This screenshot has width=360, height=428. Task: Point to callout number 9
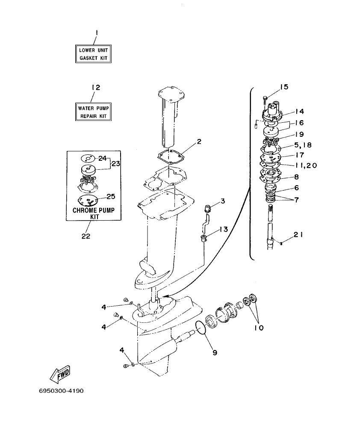(215, 353)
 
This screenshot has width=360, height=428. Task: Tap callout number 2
(199, 141)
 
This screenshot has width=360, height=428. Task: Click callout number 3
(223, 201)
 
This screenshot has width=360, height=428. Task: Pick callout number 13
(224, 229)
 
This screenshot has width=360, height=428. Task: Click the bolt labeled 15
(265, 100)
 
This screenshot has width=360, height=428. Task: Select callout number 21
(298, 234)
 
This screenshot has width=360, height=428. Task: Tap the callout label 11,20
(305, 165)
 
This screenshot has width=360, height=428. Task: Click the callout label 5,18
(302, 145)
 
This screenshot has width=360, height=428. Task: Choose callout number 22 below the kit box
(86, 236)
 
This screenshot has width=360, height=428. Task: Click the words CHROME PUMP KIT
(94, 213)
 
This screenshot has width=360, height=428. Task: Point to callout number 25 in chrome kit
(111, 196)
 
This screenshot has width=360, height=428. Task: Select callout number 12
(95, 87)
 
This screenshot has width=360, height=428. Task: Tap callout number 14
(299, 111)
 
